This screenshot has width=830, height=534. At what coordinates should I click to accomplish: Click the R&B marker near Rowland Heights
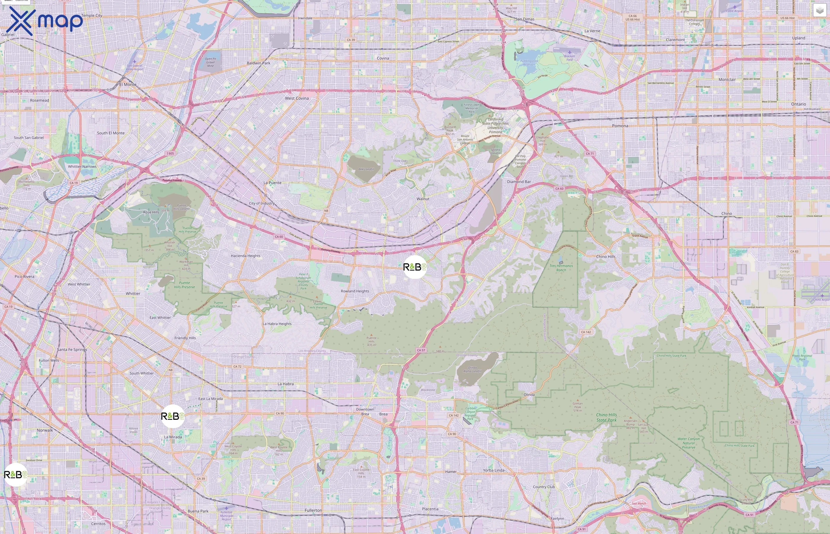tap(415, 267)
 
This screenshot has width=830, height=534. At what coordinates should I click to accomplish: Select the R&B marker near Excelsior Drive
tap(15, 474)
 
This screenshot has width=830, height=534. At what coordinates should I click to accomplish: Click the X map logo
tap(44, 21)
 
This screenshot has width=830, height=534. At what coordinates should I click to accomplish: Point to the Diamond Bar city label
tap(518, 182)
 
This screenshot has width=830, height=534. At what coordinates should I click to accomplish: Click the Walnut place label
tap(423, 199)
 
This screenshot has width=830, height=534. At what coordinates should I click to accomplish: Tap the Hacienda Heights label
tap(245, 256)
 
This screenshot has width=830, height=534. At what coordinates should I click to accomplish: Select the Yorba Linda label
tap(494, 470)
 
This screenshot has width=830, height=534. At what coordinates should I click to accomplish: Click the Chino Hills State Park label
tap(606, 417)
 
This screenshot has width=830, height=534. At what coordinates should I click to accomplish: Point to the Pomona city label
tap(620, 126)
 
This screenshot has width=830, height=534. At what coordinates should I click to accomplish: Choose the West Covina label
tap(296, 98)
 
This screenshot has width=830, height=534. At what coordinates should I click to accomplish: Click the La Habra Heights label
tap(277, 324)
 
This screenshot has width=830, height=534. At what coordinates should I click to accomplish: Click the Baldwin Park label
tap(258, 63)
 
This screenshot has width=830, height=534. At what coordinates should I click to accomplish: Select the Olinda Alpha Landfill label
tap(472, 369)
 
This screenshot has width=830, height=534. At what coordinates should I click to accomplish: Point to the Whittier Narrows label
tap(82, 166)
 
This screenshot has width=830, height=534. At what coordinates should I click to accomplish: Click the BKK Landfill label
tap(366, 169)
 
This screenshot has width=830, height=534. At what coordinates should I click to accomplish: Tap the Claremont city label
tap(675, 40)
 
